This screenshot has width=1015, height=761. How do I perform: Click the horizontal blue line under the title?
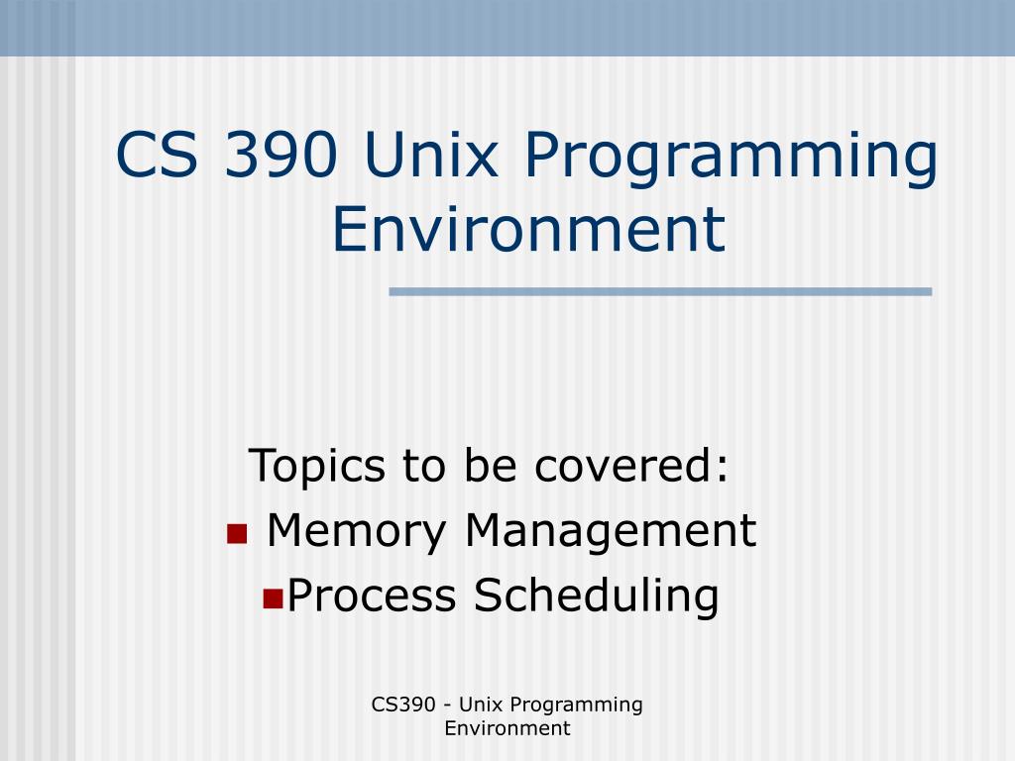[660, 291]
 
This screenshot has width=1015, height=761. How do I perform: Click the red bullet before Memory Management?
[236, 535]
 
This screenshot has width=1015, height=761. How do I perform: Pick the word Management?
[610, 531]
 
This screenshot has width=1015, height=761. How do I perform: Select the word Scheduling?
[596, 597]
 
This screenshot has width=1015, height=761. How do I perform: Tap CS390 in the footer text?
[403, 705]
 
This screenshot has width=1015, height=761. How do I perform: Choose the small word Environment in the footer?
[507, 728]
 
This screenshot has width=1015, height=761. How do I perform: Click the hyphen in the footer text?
[450, 706]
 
